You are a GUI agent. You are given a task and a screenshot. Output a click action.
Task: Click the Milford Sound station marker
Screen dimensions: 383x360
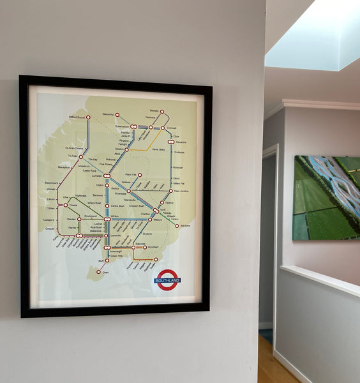click(x=87, y=117)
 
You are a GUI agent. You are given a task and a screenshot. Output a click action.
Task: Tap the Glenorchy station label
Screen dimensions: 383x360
click(x=108, y=114)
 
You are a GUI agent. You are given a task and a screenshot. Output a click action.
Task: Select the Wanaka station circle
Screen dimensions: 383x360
click(x=162, y=111)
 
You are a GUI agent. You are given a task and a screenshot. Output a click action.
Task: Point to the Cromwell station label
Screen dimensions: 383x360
click(x=171, y=128)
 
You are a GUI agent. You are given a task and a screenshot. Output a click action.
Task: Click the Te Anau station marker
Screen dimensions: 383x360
click(x=81, y=156)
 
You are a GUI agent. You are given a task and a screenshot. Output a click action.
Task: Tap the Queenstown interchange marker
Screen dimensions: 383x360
click(x=133, y=126)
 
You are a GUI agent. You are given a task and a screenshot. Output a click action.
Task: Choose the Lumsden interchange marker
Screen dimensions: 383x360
click(x=107, y=176)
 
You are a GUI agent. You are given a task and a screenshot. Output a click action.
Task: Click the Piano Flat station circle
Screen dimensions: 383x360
click(x=140, y=174)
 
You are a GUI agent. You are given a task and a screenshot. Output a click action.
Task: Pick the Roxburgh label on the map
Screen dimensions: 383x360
click(x=177, y=167)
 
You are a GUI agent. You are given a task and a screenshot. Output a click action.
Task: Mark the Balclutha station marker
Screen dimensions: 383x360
click(x=177, y=225)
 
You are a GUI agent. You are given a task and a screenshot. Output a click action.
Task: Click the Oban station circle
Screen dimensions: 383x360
click(x=98, y=272)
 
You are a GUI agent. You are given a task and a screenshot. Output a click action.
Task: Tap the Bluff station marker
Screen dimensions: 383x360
click(x=107, y=260)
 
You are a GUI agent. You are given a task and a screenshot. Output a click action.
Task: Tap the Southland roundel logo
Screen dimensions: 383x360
click(x=167, y=280)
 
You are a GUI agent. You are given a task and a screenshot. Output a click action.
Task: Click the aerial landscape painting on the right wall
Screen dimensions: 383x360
click(x=326, y=198)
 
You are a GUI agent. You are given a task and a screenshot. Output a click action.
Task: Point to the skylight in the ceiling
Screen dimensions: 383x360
click(x=313, y=35)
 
